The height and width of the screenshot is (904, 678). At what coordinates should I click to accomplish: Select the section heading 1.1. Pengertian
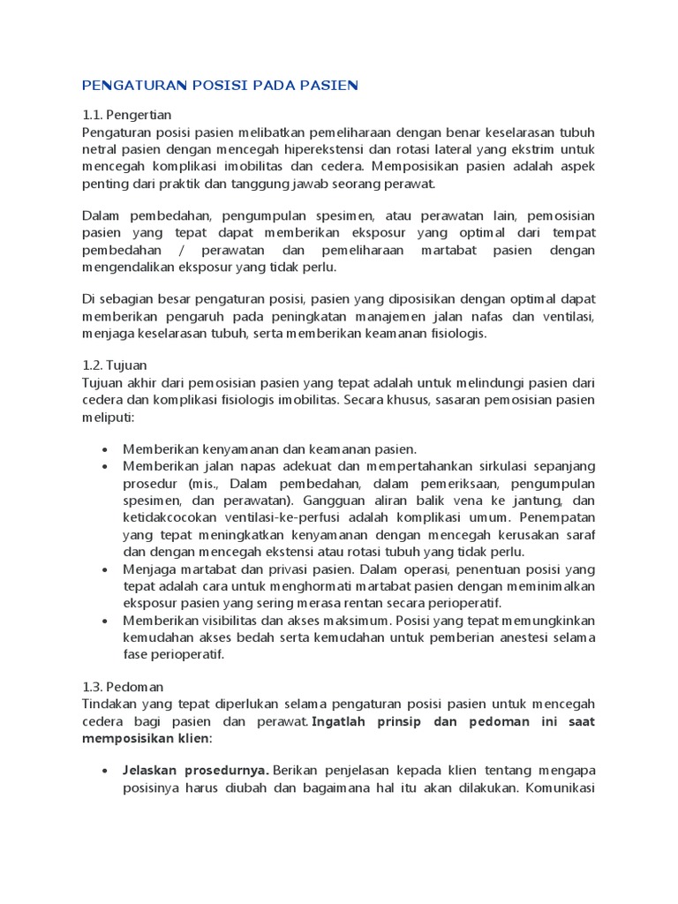click(x=126, y=115)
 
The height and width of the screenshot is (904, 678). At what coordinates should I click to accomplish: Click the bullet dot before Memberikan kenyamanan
click(x=106, y=449)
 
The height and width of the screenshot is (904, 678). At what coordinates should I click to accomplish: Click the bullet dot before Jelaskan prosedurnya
click(x=106, y=771)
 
